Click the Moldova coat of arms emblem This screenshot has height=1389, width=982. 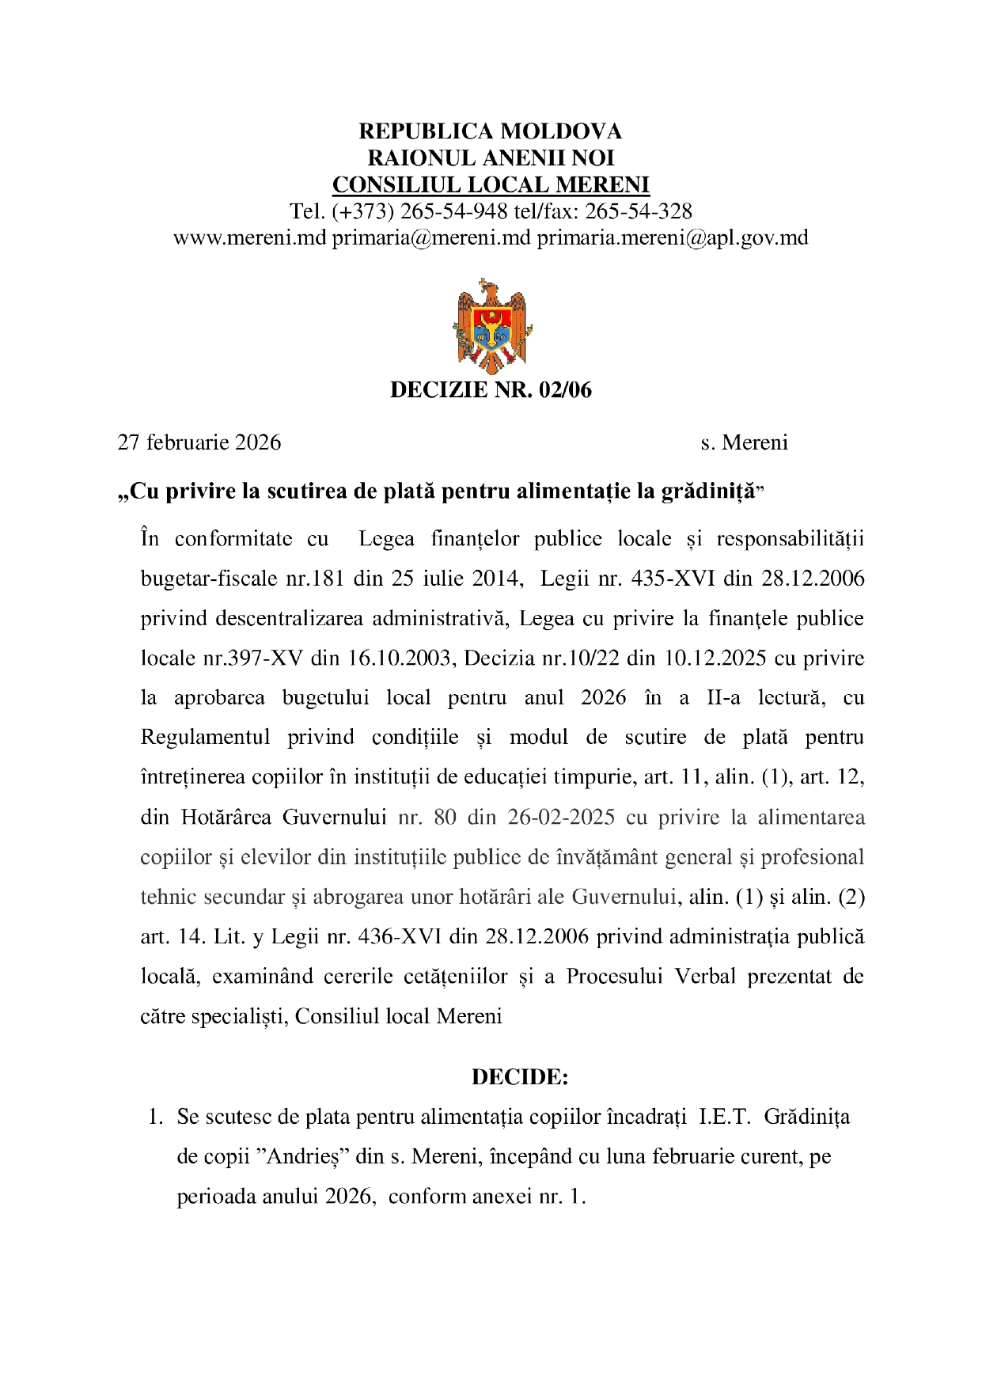coord(491,325)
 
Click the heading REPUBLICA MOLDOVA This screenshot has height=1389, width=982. coord(491,131)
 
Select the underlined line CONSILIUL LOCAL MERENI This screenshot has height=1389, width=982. coord(491,185)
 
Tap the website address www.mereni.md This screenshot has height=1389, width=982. coord(249,237)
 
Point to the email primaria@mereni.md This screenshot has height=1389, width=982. coord(430,237)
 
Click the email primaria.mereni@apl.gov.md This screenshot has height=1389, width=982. coord(673,237)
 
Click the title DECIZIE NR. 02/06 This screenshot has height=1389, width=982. coord(491,389)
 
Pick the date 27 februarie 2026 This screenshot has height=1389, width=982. coord(199,442)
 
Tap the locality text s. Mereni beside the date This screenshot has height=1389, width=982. coord(744,442)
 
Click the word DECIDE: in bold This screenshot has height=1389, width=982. coord(520,1077)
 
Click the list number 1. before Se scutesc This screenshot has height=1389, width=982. coord(156,1118)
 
